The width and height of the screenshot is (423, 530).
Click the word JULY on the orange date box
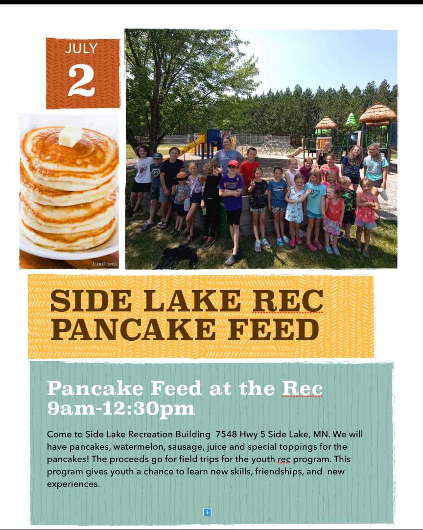pyautogui.click(x=81, y=48)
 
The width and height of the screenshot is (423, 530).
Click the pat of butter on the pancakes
pyautogui.click(x=70, y=136)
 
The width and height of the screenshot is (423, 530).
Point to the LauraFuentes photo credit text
pyautogui.click(x=105, y=264)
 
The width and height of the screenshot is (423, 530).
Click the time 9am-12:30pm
pyautogui.click(x=121, y=408)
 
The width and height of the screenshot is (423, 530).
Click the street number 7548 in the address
pyautogui.click(x=226, y=434)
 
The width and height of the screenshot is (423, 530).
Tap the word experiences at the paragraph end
pyautogui.click(x=73, y=485)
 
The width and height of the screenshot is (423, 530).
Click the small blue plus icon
pyautogui.click(x=207, y=512)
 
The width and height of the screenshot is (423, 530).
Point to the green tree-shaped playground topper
pyautogui.click(x=351, y=119)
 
